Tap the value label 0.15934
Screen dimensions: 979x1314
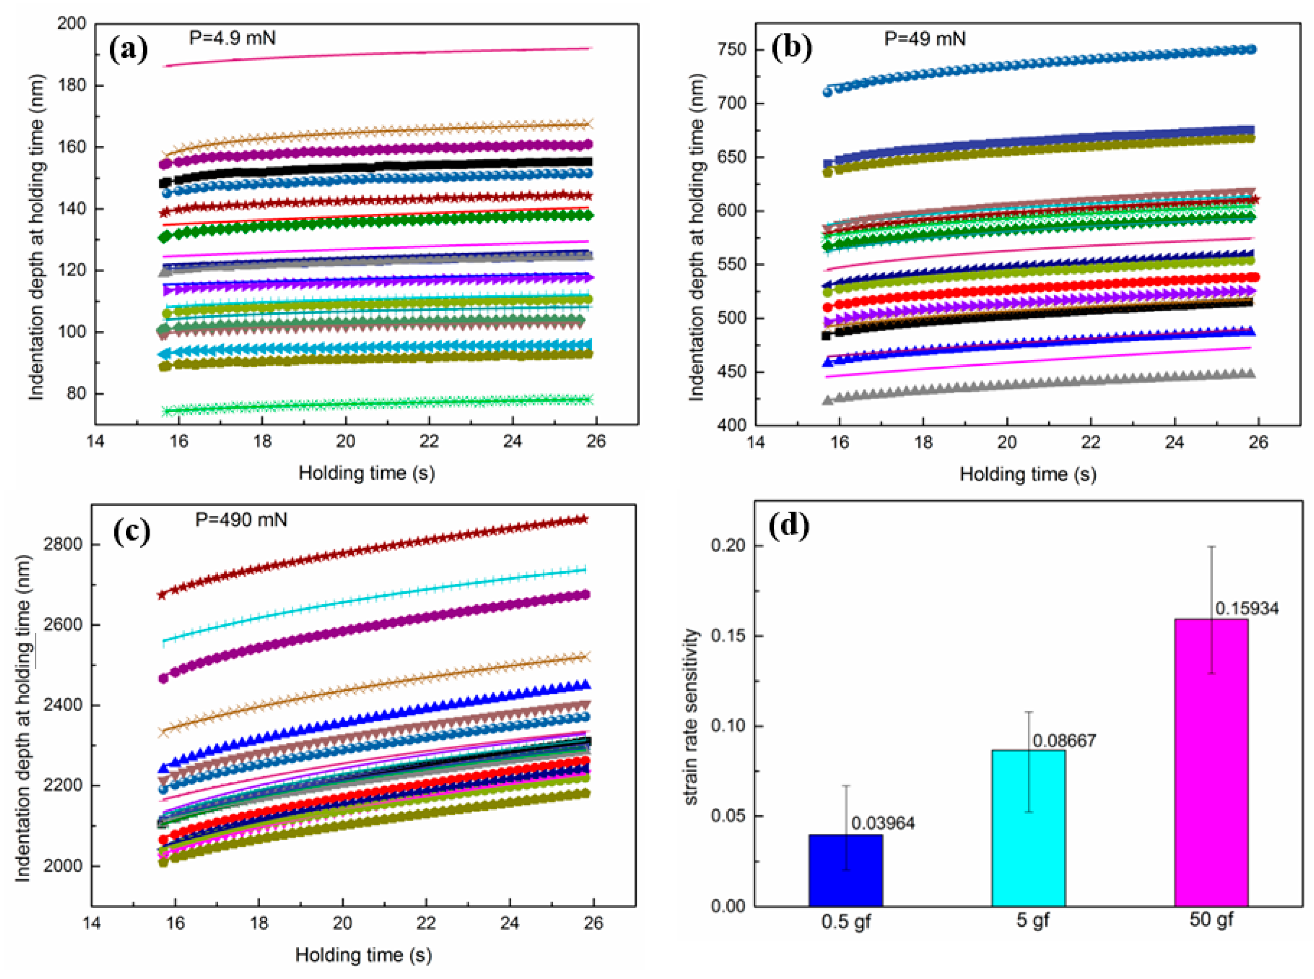(x=1246, y=608)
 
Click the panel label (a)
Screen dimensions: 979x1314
(x=129, y=49)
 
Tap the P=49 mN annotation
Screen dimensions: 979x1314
(x=924, y=39)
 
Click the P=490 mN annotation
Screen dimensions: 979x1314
(x=241, y=520)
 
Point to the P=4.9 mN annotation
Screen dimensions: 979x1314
(x=232, y=38)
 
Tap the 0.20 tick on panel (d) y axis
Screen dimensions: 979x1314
(x=727, y=545)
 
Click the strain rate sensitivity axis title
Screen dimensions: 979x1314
(x=691, y=717)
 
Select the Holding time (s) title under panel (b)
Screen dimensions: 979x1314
(x=1028, y=474)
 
